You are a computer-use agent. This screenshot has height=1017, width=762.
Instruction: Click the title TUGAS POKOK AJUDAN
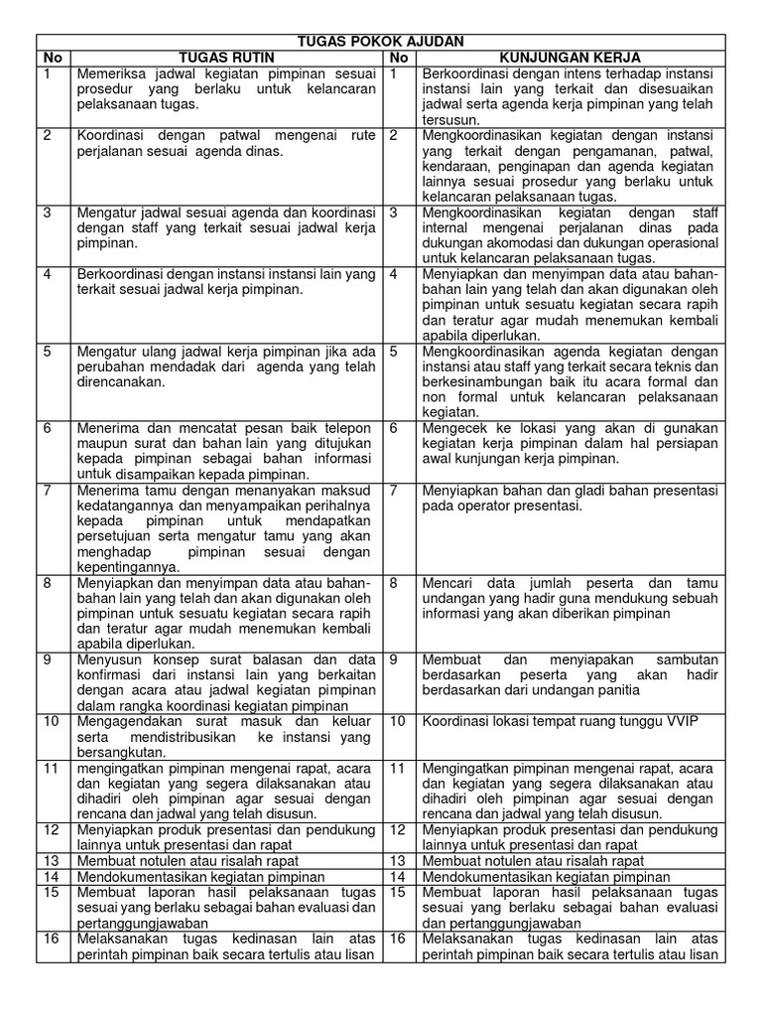381,41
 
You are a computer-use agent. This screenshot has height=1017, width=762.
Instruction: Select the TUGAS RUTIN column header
225,58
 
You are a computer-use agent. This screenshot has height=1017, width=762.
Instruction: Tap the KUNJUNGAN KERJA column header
571,58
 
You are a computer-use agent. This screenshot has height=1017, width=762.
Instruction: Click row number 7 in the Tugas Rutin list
49,490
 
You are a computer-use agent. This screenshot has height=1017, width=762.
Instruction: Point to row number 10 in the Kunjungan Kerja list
396,720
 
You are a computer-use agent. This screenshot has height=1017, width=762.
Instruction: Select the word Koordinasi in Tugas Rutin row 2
115,135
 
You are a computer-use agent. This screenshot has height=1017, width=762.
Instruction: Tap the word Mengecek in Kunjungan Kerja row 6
455,427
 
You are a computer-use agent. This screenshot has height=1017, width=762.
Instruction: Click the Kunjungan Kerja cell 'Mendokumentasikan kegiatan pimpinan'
545,877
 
